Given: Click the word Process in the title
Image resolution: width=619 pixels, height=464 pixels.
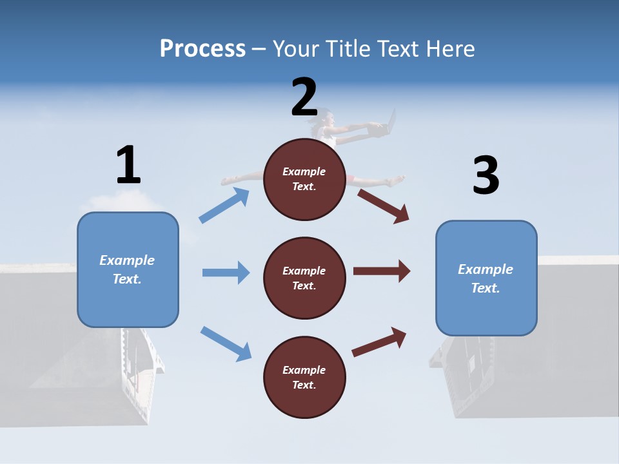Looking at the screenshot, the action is pos(203,49).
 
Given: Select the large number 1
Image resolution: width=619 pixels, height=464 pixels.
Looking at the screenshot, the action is pos(129,164).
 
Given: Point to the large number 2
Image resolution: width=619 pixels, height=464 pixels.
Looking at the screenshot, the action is pos(304,97).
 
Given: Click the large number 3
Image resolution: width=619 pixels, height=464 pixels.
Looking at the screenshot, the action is pos(486,175).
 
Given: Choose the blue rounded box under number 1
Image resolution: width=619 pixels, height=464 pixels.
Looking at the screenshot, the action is pos(128,270).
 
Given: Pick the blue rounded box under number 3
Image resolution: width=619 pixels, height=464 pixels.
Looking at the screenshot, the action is pos(486,278).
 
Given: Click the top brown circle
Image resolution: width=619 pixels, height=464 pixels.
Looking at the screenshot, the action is pos(304,179).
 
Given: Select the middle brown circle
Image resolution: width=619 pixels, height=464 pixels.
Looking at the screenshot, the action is pos(304,278).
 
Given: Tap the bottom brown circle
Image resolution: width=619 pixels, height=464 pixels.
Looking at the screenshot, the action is pos(304,377).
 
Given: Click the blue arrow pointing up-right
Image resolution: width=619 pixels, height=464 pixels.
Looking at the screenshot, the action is pos(224,205).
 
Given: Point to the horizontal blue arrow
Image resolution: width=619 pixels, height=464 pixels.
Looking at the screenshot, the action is pos(226,273).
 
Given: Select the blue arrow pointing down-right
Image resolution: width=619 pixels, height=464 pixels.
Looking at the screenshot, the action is pos(226,343).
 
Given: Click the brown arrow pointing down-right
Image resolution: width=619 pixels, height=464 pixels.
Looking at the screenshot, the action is pos(383,206).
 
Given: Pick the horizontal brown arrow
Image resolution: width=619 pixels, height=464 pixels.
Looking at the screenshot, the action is pos(382,271).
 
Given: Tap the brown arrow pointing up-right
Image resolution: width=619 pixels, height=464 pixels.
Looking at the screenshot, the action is pos(379,342).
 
